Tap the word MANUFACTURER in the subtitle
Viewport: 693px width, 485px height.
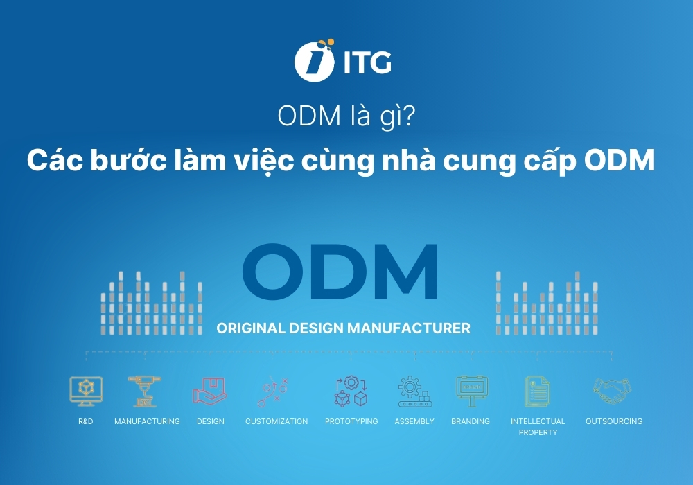click(421, 328)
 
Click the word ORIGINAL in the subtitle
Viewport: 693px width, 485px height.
click(248, 328)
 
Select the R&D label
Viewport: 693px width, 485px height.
click(86, 421)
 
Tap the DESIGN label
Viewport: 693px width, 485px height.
click(210, 421)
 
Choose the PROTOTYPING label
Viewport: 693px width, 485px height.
click(351, 421)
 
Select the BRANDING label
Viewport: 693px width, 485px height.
click(471, 421)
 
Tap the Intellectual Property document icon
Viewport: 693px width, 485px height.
click(537, 391)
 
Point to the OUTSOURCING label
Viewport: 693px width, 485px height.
click(614, 421)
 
